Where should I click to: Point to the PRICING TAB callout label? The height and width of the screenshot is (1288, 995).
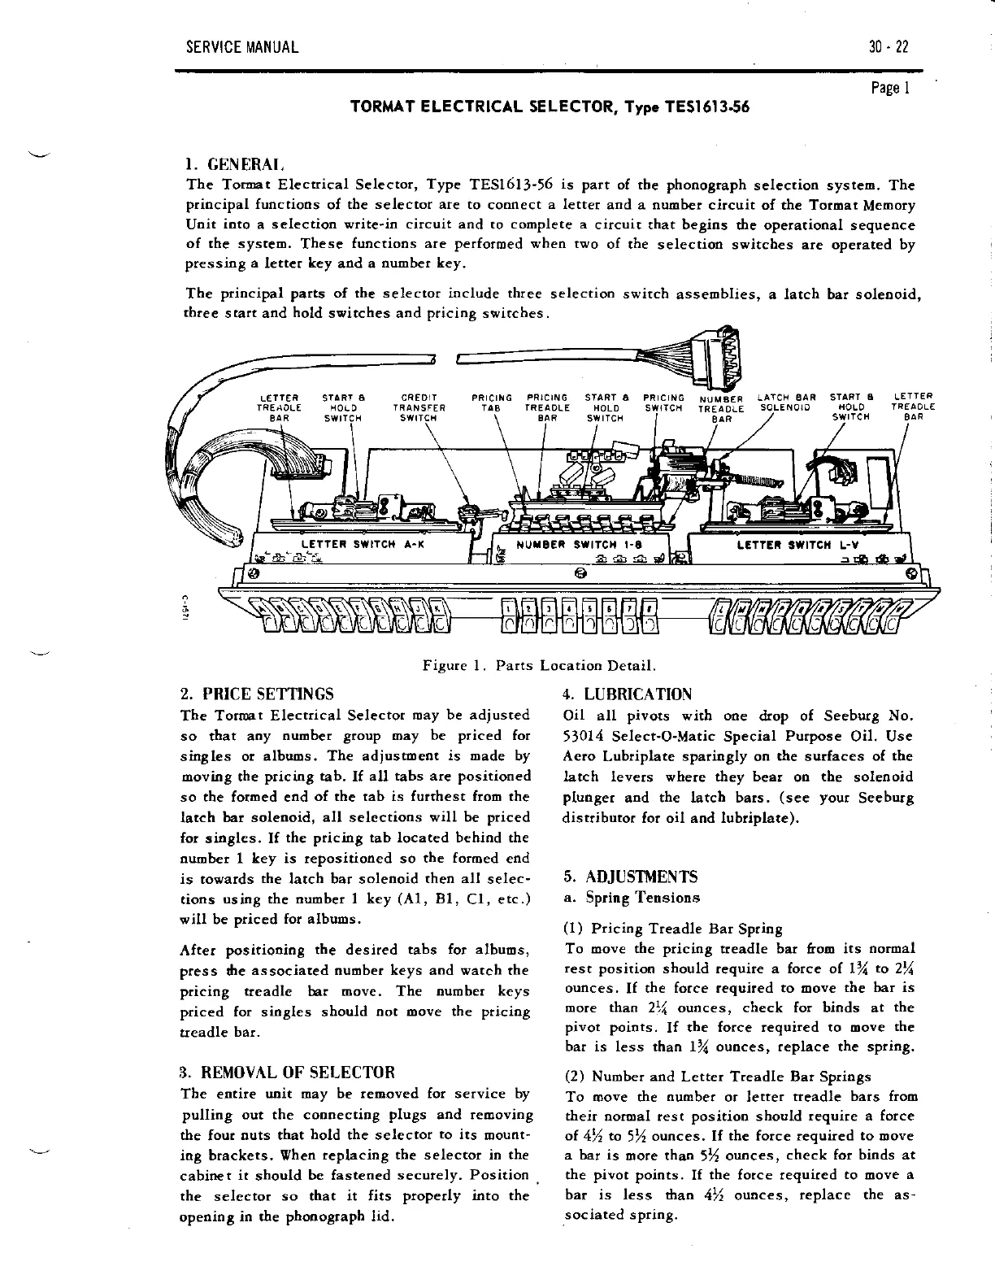[492, 403]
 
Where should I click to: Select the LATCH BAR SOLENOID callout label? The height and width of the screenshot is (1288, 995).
[787, 402]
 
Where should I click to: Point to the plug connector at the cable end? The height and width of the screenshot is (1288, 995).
[721, 357]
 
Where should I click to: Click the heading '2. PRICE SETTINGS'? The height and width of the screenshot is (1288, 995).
[256, 694]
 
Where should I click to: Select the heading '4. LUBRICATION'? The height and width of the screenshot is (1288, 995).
[627, 694]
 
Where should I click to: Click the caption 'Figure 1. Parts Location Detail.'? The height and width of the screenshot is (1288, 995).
[539, 666]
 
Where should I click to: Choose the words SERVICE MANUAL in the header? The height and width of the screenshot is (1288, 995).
[242, 46]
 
